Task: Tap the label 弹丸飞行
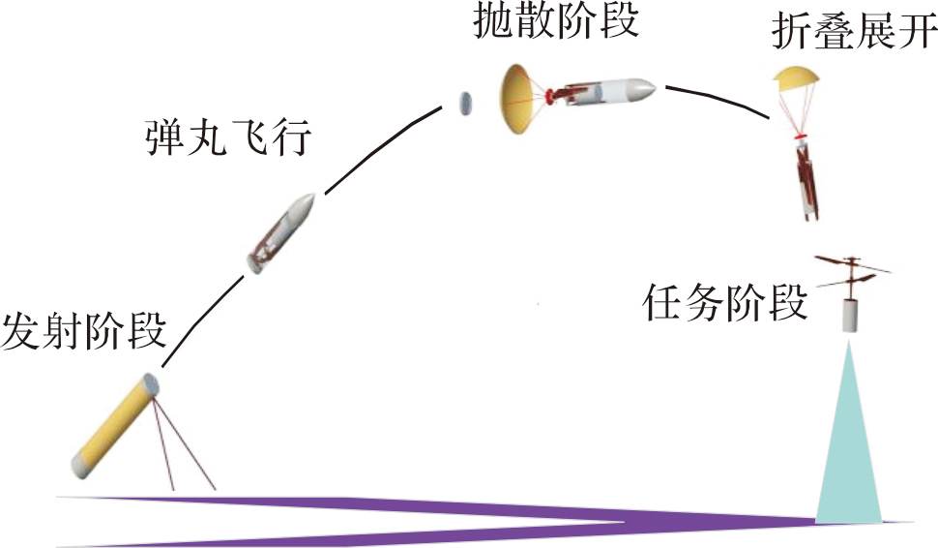228,138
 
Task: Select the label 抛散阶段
556,21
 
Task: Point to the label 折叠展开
854,31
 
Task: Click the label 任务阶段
724,303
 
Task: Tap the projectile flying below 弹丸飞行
281,233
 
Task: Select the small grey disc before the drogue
464,103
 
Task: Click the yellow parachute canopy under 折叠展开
795,76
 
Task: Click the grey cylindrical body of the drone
850,316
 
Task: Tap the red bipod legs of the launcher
183,445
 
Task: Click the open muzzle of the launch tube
150,383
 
